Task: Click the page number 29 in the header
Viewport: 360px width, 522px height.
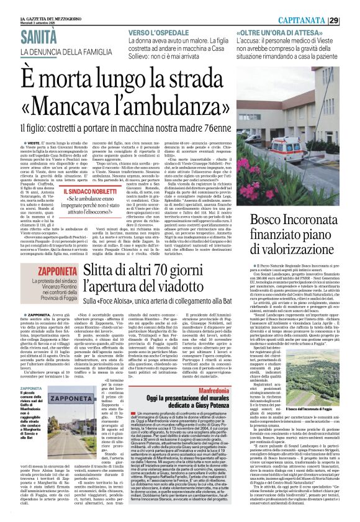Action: (351, 20)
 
